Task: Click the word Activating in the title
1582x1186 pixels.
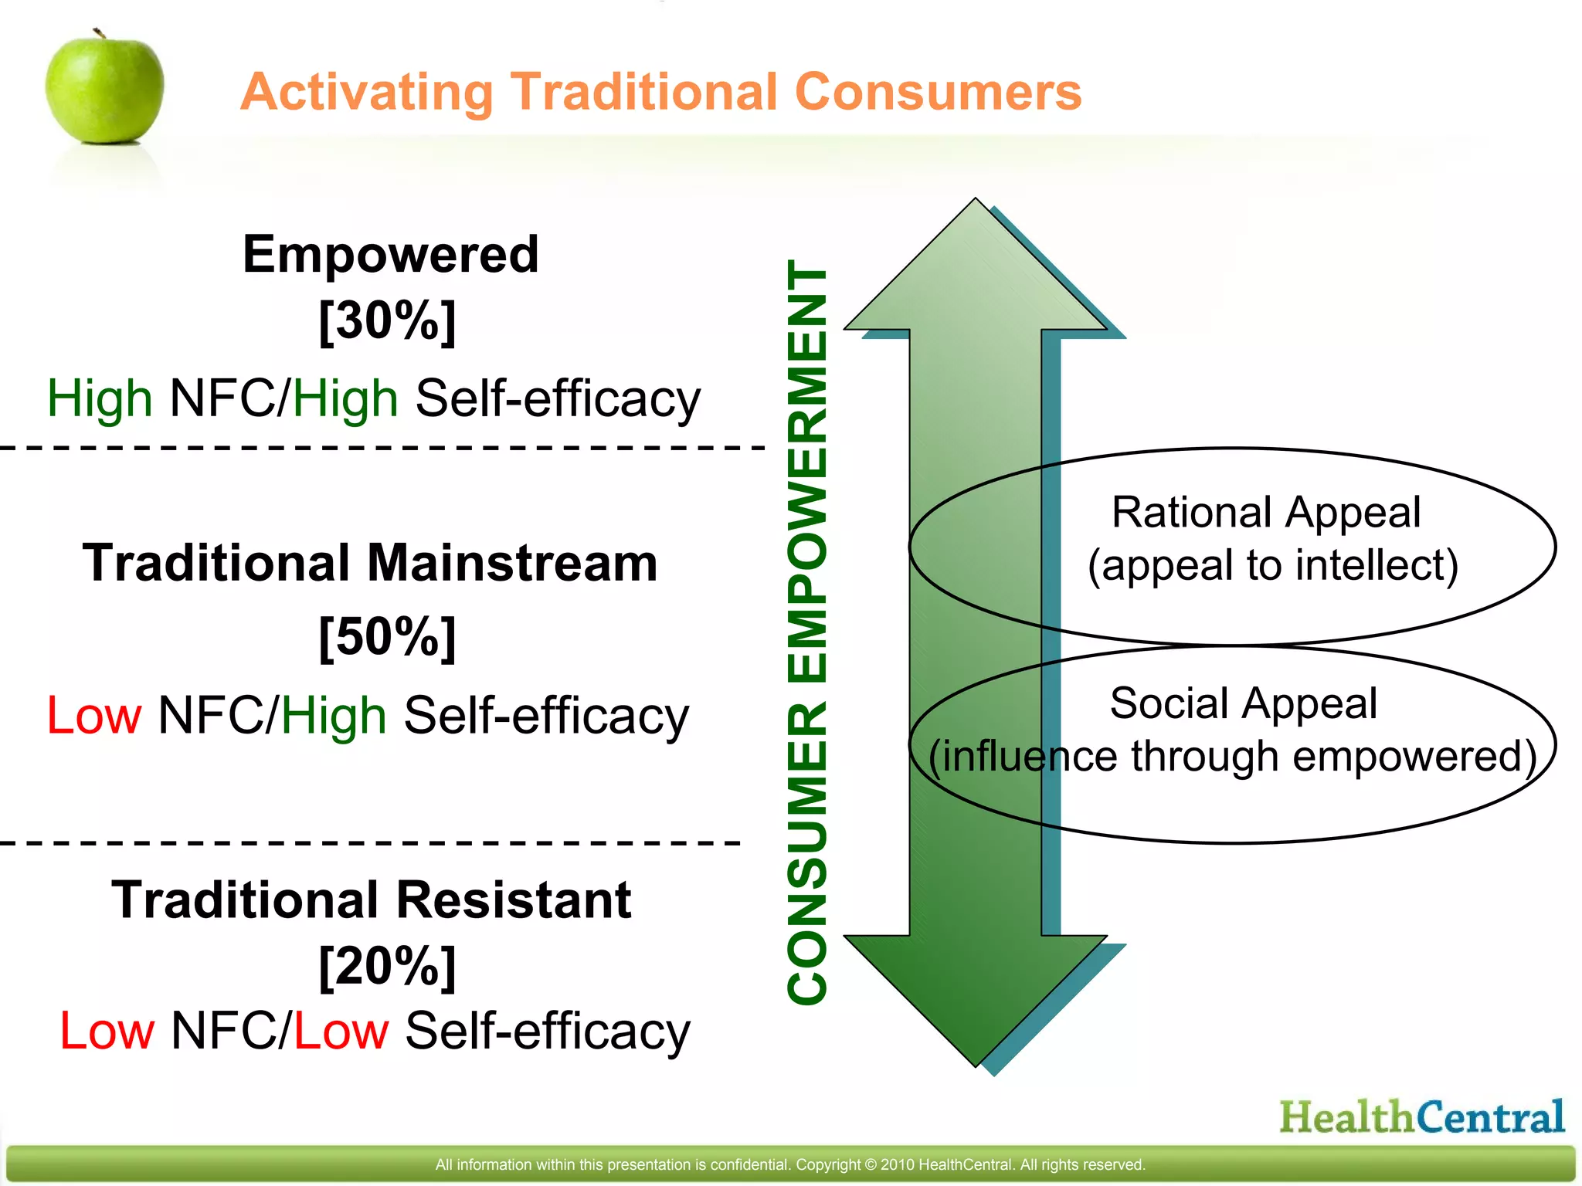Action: click(x=366, y=93)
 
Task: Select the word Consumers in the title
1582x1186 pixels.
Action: click(x=938, y=91)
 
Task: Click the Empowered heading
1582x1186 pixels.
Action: click(x=390, y=254)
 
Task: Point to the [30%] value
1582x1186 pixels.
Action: click(x=387, y=320)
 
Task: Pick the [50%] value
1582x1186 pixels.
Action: click(x=387, y=636)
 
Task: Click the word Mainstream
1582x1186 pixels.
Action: click(x=512, y=562)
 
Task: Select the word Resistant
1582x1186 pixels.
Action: click(x=514, y=900)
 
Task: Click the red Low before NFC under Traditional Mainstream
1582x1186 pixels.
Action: click(x=94, y=715)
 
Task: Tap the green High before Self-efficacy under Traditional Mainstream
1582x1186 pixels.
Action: click(x=333, y=715)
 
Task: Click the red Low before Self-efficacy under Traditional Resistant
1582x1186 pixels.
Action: click(x=341, y=1031)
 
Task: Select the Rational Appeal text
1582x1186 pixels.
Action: click(x=1265, y=513)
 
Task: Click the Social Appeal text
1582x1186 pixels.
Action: click(x=1243, y=703)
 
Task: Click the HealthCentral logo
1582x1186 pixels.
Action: click(x=1421, y=1117)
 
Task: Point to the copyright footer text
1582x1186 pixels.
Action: click(x=789, y=1164)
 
